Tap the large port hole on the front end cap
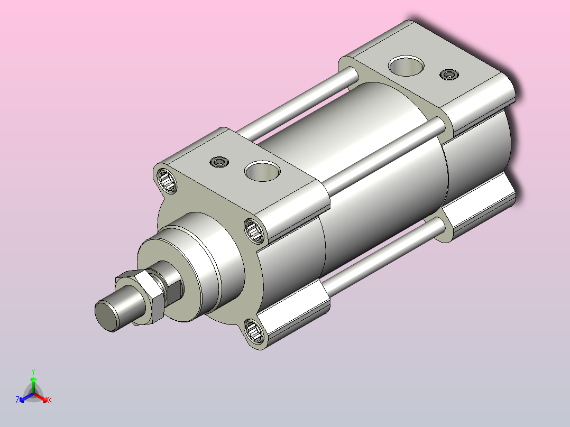click(262, 171)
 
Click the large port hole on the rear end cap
click(406, 66)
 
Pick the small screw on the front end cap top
click(219, 162)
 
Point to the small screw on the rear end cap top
click(449, 75)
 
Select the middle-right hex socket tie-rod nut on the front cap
click(254, 230)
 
